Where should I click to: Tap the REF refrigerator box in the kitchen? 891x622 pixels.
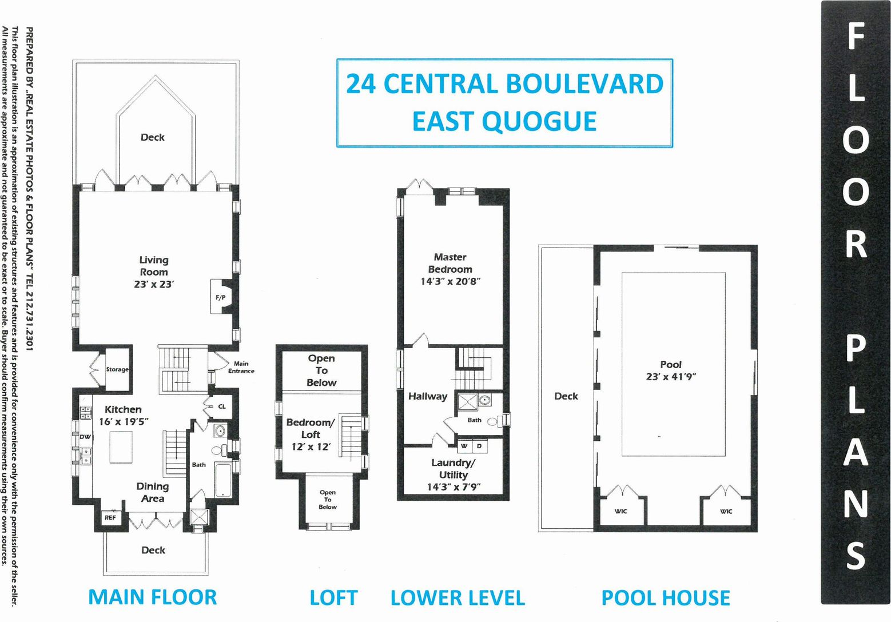coord(110,517)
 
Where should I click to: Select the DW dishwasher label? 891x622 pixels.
coord(85,437)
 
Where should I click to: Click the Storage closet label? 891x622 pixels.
coord(117,370)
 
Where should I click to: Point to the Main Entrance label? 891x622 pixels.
coord(241,367)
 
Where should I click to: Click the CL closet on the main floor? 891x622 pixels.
coord(222,406)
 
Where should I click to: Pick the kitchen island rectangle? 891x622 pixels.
coord(121,446)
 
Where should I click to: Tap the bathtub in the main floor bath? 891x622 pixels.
coord(222,480)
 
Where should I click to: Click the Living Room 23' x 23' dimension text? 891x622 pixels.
coord(153,284)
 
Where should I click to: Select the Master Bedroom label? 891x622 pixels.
coord(450,264)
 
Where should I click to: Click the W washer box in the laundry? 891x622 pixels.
coord(464,445)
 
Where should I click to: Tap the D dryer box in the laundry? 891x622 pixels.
coord(479,445)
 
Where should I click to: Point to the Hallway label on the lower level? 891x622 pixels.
coord(427,396)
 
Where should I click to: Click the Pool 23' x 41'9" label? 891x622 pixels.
coord(671,370)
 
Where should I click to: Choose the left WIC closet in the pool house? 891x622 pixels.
coord(621,511)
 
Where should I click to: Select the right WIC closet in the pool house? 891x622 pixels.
coord(726,511)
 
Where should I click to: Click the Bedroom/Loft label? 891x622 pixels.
coord(310,428)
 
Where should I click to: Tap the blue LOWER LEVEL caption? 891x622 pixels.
coord(458,598)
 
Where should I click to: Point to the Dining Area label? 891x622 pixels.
coord(153,492)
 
